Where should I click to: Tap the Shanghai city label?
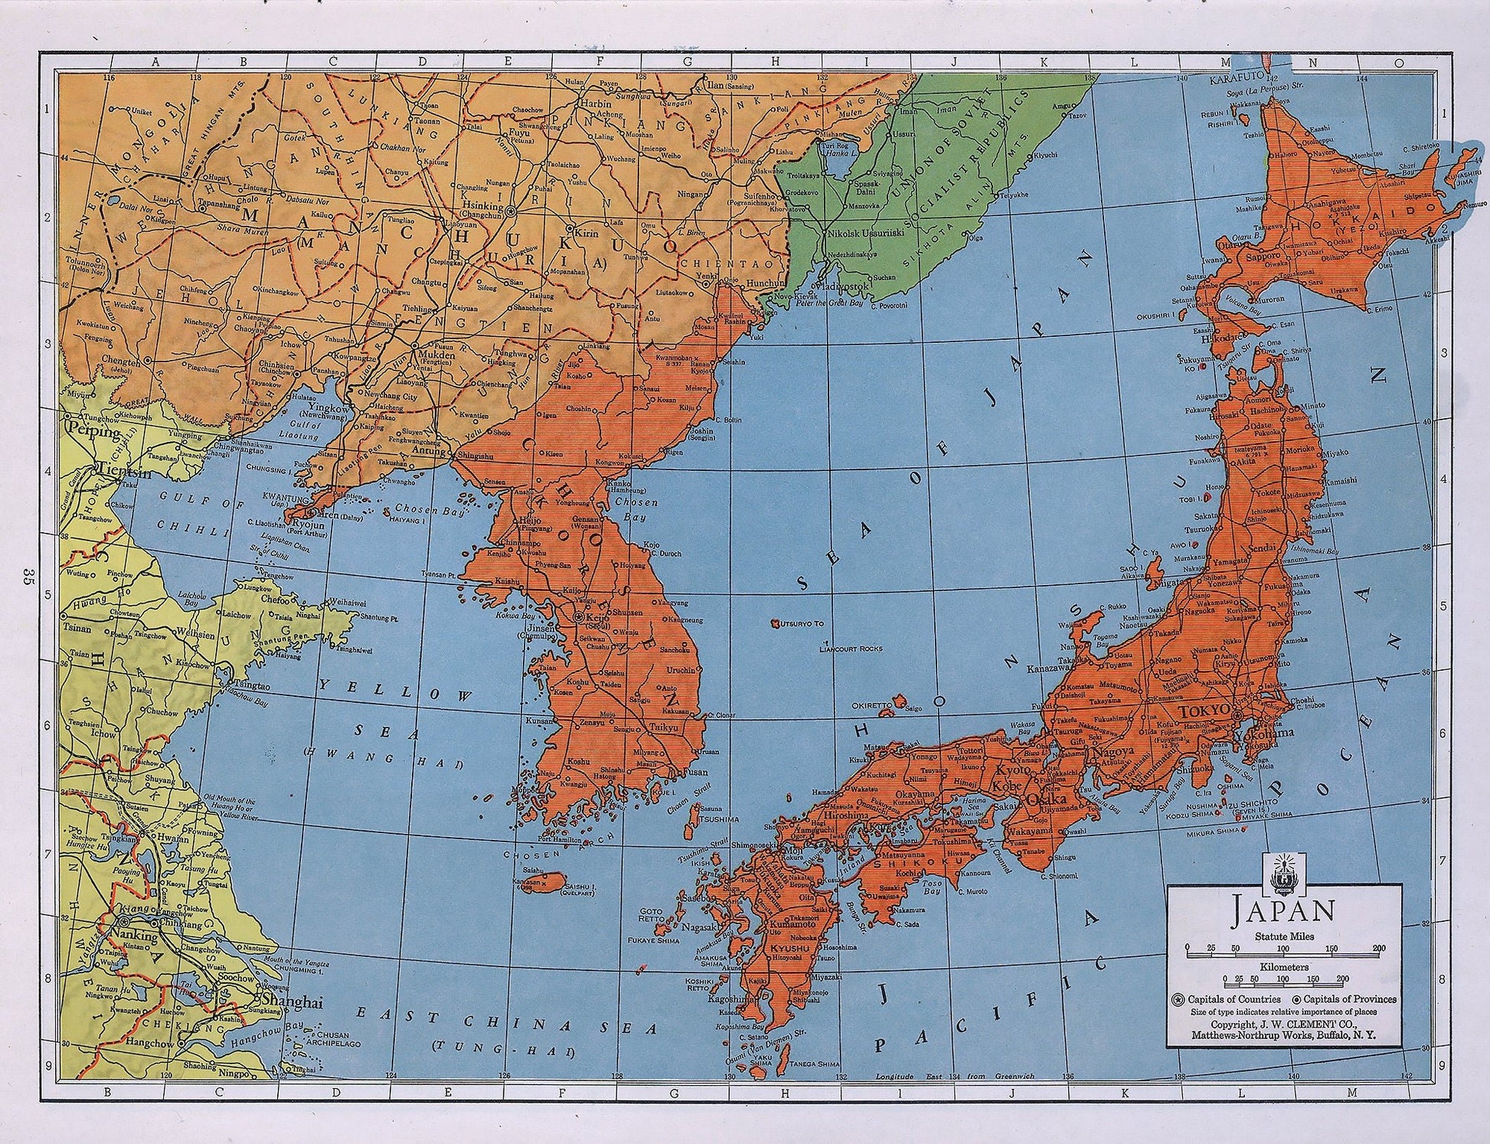pyautogui.click(x=283, y=1001)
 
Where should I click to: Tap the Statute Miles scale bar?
pyautogui.click(x=1284, y=947)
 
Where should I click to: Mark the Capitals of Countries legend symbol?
pyautogui.click(x=1177, y=999)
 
